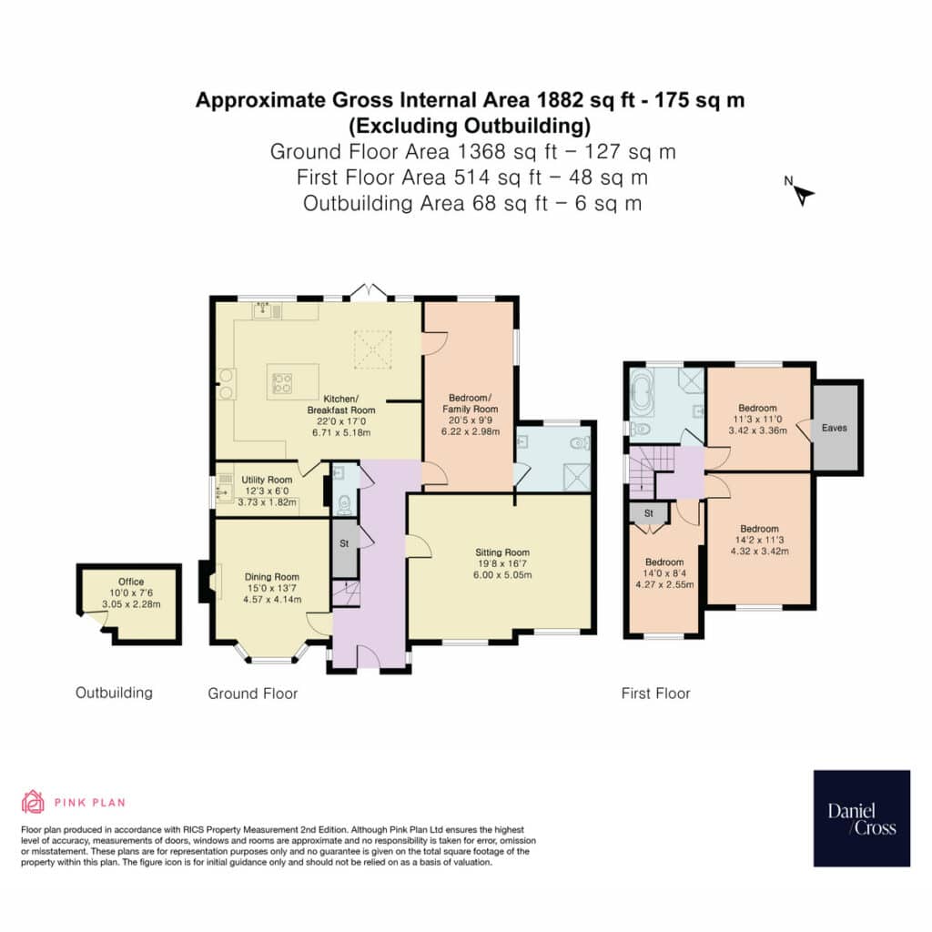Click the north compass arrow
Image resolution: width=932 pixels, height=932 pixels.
point(805,195)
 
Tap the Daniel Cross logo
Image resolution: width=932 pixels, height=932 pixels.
point(861,818)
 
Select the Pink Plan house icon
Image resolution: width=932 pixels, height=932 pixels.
point(33,802)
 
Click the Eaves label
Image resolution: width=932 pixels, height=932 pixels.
point(834,428)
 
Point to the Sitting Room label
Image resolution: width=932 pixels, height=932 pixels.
point(502,552)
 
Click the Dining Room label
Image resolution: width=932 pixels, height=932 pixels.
point(271,576)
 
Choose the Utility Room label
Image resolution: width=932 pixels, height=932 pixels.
point(267,480)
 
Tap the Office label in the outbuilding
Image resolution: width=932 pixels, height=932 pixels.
point(131,582)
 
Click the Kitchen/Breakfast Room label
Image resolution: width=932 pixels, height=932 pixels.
point(341,404)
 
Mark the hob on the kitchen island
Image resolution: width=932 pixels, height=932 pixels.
point(282,383)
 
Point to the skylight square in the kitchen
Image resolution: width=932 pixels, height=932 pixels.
point(372,349)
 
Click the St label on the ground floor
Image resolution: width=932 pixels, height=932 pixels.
point(344,543)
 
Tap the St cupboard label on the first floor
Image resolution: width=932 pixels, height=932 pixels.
point(648,513)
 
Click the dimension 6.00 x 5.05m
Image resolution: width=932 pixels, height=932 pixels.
point(502,575)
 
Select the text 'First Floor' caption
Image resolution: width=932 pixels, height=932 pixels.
point(655,693)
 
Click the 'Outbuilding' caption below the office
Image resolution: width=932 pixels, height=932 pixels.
point(114,693)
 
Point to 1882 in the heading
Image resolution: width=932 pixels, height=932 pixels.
point(560,100)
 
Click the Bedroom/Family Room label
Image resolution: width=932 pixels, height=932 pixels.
point(471,403)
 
